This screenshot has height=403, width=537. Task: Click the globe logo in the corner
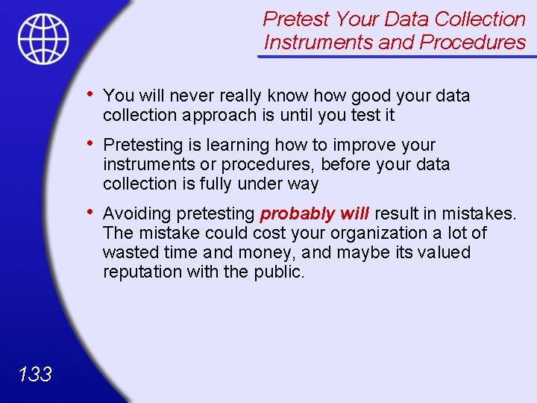point(43,38)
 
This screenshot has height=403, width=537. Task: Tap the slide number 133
point(34,374)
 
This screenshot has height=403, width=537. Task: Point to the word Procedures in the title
point(473,43)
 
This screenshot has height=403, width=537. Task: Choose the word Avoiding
point(138,214)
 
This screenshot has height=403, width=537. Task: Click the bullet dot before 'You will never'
point(89,94)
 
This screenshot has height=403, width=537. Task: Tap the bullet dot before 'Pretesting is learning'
point(89,143)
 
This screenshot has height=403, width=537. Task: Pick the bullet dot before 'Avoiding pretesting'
point(89,213)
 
